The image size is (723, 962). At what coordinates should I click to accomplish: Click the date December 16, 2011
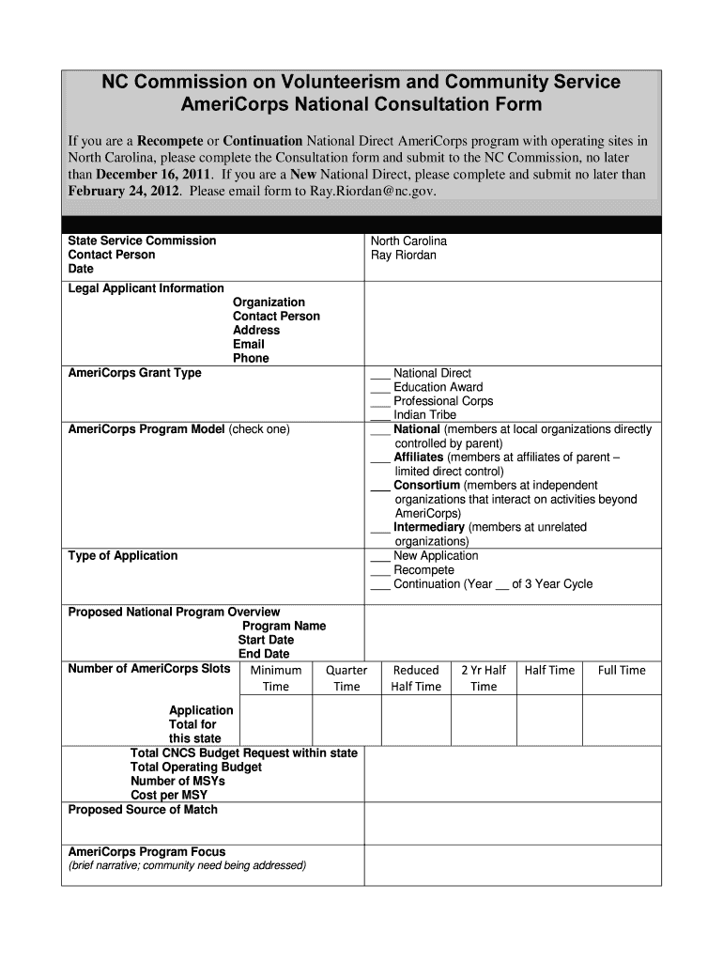click(x=154, y=175)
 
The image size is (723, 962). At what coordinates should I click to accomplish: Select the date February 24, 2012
click(x=123, y=191)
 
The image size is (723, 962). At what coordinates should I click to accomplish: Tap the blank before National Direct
click(x=380, y=374)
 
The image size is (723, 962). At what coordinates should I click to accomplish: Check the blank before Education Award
click(x=380, y=388)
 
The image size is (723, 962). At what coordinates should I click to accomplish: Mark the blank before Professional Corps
click(x=380, y=402)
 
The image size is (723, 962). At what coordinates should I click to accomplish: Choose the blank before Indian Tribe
click(x=380, y=415)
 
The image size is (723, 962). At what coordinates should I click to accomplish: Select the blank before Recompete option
click(x=380, y=571)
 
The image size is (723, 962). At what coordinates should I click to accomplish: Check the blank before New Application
click(x=380, y=557)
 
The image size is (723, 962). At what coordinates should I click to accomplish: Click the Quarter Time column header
click(x=346, y=678)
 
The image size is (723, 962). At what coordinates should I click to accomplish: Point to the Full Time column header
click(x=622, y=671)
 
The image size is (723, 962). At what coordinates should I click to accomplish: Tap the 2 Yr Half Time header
click(x=484, y=678)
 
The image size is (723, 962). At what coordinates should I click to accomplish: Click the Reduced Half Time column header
click(x=416, y=678)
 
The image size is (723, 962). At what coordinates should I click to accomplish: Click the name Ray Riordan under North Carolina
click(x=404, y=256)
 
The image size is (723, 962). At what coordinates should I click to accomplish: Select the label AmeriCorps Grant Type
click(x=134, y=373)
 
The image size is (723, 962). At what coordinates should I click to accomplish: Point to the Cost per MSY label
click(x=169, y=796)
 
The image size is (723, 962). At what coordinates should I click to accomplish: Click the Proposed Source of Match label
click(x=143, y=810)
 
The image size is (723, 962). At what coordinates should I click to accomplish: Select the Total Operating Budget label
click(x=196, y=768)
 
